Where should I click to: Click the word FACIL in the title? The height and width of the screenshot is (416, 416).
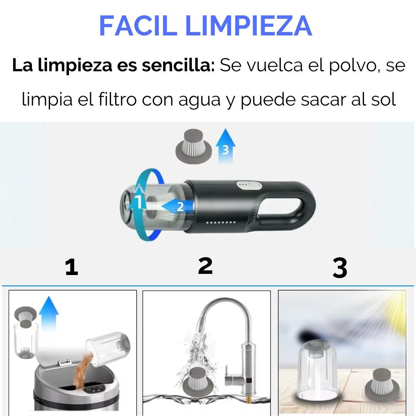tap(138, 26)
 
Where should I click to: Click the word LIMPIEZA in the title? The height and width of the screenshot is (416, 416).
tap(249, 26)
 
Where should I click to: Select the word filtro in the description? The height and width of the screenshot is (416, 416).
tap(117, 99)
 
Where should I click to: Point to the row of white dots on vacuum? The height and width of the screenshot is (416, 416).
tap(221, 222)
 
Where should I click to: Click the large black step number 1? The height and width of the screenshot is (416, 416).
tap(72, 267)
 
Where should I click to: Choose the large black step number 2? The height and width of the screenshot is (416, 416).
tap(205, 265)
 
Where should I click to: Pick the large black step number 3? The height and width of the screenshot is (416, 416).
tap(340, 268)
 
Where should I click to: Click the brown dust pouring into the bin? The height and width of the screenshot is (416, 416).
tap(82, 370)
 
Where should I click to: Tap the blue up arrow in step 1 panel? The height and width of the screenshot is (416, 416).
tap(49, 313)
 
